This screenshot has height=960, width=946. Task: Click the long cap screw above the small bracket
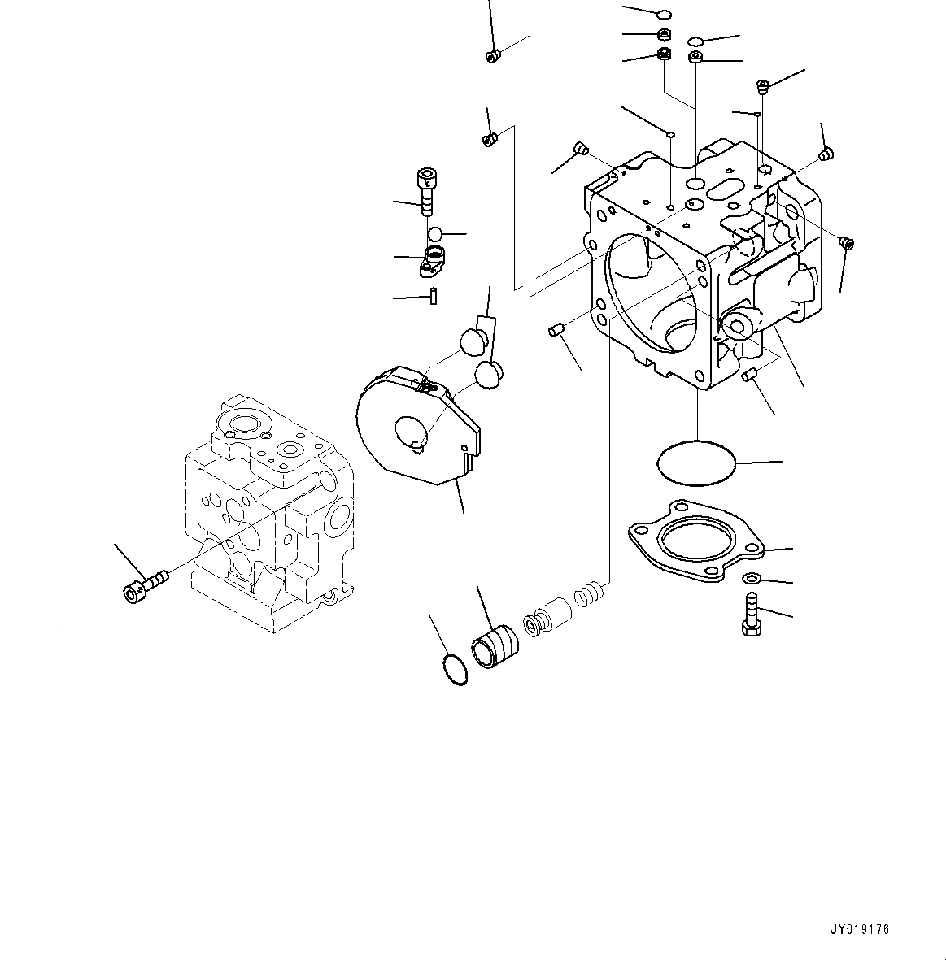[425, 190]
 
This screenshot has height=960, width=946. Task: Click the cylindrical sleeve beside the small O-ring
[494, 648]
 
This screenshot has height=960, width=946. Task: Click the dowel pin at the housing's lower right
[750, 374]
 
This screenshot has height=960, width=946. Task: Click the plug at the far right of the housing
[846, 243]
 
